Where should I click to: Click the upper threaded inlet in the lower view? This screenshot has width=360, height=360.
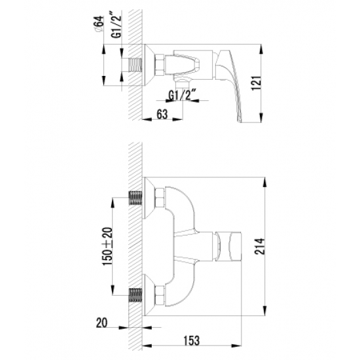point(135,197)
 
